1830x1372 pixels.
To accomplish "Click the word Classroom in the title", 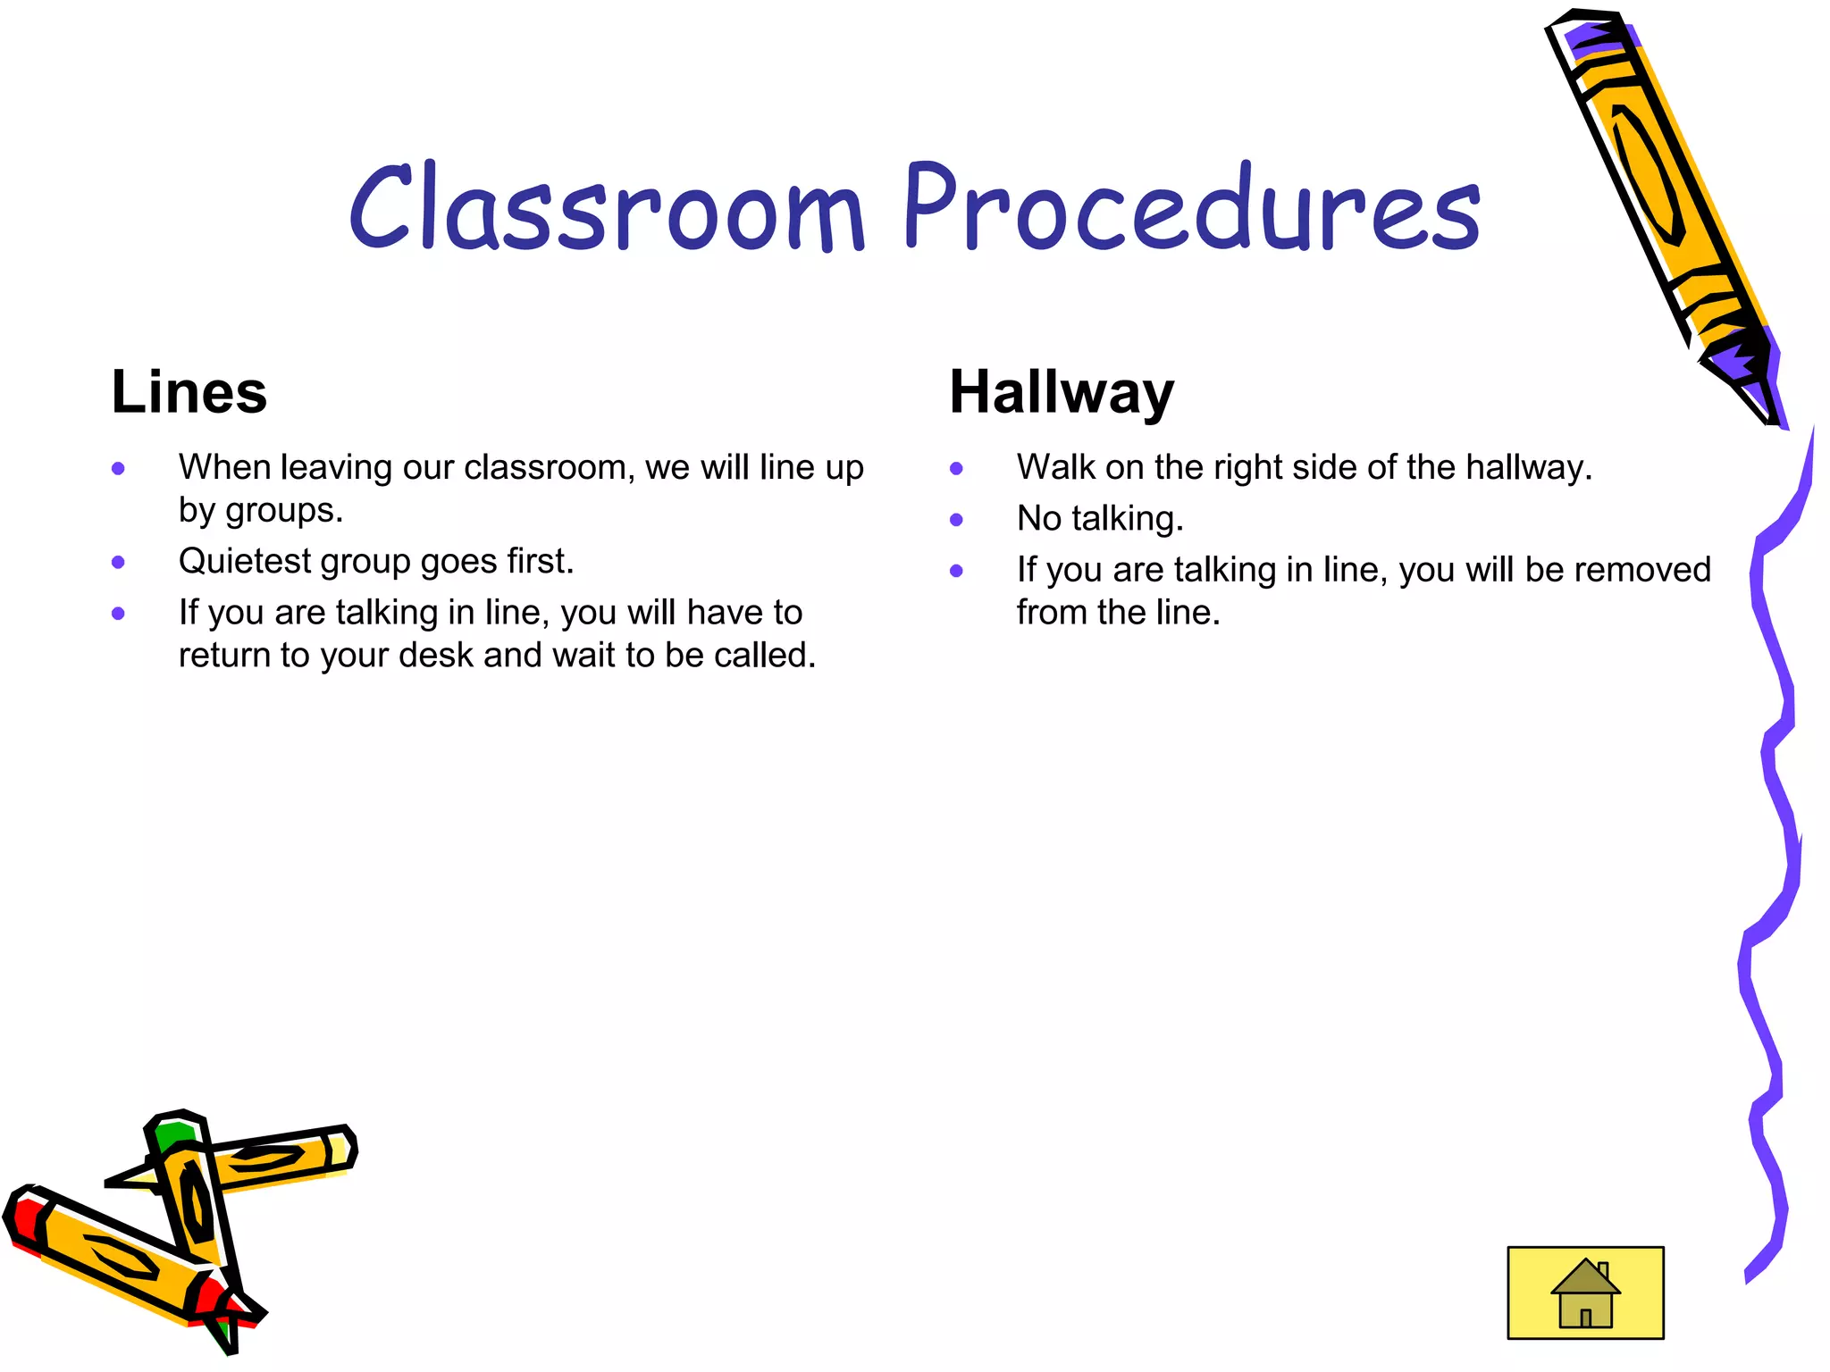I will tap(607, 207).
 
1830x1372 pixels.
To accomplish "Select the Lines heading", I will tap(189, 392).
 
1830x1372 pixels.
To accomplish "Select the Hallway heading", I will tap(1061, 393).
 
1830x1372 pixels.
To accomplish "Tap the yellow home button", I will tap(1585, 1293).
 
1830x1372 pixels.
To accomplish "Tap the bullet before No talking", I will tap(956, 520).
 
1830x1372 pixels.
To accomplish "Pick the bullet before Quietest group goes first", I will tap(118, 563).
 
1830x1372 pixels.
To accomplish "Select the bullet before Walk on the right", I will tap(956, 468).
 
